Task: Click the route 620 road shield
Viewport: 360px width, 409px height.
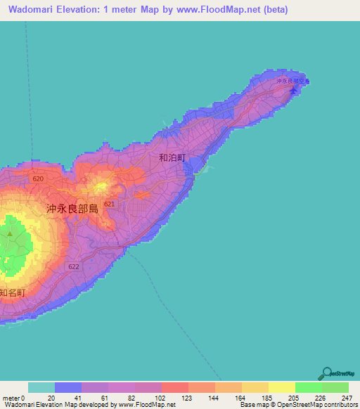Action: coord(38,179)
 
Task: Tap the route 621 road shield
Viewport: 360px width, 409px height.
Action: coord(109,204)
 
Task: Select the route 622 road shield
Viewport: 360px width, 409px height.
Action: coord(75,266)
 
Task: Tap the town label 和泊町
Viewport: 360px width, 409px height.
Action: coord(172,158)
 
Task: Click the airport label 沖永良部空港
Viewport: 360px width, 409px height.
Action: coord(292,82)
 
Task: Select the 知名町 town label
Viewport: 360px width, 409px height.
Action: coord(12,292)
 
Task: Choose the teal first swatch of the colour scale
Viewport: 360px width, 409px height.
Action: coord(41,387)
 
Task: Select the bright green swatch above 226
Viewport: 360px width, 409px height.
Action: coord(308,387)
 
